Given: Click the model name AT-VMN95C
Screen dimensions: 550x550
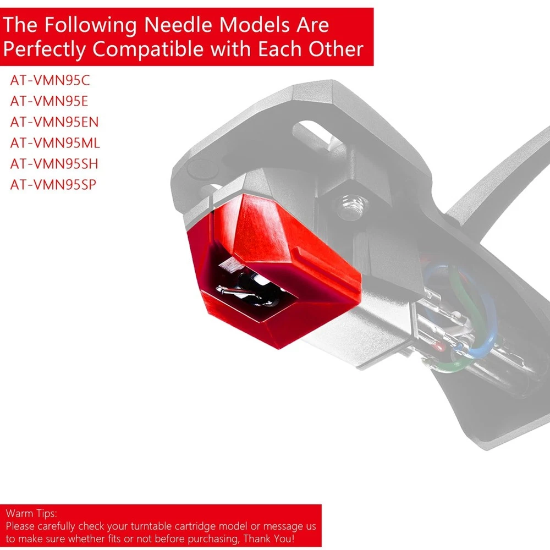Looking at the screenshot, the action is (50, 80).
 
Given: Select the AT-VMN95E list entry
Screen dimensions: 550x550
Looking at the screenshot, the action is (49, 101).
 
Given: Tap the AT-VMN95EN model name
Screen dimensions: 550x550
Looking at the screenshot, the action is (54, 122).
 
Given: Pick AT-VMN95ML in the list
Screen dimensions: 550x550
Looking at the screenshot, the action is (55, 143).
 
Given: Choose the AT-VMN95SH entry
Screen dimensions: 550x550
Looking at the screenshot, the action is (54, 164).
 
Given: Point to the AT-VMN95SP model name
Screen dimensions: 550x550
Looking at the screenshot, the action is (53, 184).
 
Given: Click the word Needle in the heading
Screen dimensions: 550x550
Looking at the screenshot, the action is (178, 25).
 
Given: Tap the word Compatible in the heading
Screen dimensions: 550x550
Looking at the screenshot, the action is (147, 49).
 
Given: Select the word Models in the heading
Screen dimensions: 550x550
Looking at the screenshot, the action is (254, 25).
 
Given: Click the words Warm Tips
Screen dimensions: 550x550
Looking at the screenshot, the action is (31, 513).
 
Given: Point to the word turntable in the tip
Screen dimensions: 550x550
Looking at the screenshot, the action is (151, 526).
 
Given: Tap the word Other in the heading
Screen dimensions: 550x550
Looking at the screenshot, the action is (335, 49).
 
